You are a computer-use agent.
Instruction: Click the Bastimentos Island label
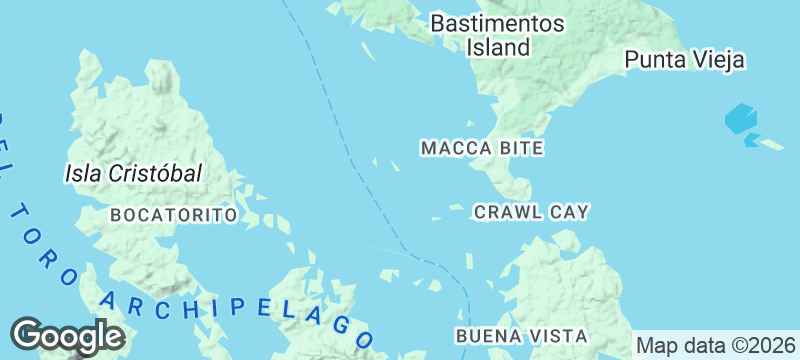497,35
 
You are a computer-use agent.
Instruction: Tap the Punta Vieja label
685,60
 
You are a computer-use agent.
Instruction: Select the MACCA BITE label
482,148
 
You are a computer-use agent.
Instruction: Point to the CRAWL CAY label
531,212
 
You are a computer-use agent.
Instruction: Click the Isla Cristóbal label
133,173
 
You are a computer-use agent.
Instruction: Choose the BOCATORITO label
173,215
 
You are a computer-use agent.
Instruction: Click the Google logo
67,337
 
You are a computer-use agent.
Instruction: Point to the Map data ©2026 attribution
716,345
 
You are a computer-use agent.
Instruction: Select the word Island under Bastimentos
497,47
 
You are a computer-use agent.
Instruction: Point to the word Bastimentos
497,23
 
